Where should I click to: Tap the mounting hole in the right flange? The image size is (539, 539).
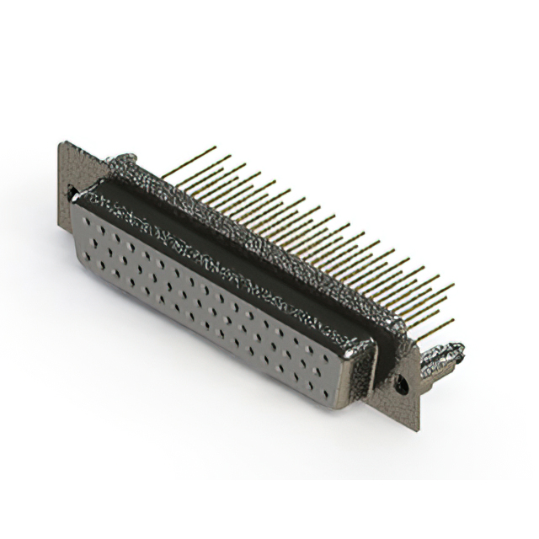click(403, 383)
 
